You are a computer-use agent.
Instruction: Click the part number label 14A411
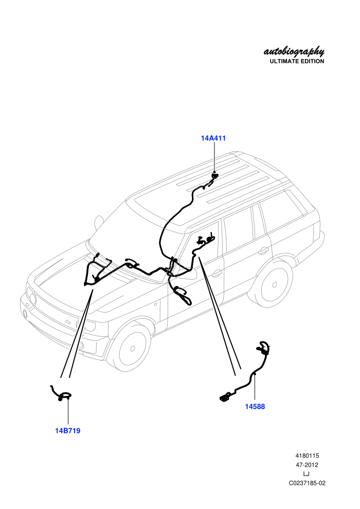[213, 138]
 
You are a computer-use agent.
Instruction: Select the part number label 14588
[255, 406]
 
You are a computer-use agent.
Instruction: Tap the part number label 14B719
[67, 431]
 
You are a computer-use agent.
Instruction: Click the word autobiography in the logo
[294, 51]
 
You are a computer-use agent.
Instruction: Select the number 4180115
[307, 456]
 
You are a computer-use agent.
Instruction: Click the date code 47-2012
[307, 465]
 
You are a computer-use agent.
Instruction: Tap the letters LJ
[306, 474]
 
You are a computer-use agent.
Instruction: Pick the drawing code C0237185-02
[307, 483]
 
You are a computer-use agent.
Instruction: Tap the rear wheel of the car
[274, 284]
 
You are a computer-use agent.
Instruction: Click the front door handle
[217, 274]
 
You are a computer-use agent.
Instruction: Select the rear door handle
[264, 250]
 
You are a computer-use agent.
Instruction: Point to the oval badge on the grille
[68, 322]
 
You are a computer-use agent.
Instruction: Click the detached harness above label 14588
[246, 373]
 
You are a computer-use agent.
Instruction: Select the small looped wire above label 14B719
[62, 394]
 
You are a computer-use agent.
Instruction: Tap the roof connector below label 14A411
[214, 176]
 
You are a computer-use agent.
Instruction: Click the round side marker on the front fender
[156, 304]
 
